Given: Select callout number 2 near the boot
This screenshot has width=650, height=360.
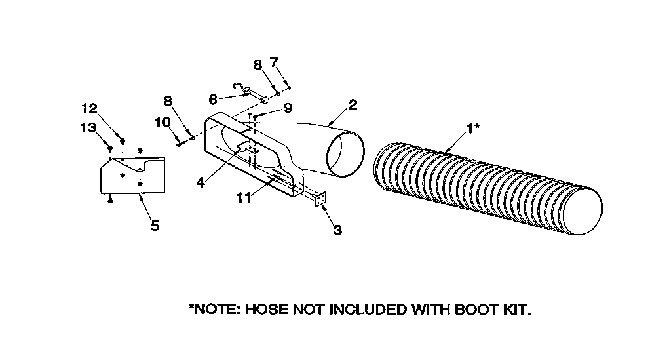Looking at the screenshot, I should click(353, 104).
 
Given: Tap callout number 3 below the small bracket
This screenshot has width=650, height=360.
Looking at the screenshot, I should click(337, 230).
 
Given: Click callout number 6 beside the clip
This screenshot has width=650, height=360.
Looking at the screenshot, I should click(212, 100).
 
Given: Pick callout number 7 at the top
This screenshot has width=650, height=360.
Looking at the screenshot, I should click(274, 62).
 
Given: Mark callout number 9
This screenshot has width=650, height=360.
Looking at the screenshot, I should click(288, 108).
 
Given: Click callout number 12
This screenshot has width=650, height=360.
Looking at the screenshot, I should click(88, 108).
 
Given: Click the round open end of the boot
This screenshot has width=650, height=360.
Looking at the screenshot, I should click(345, 155).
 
